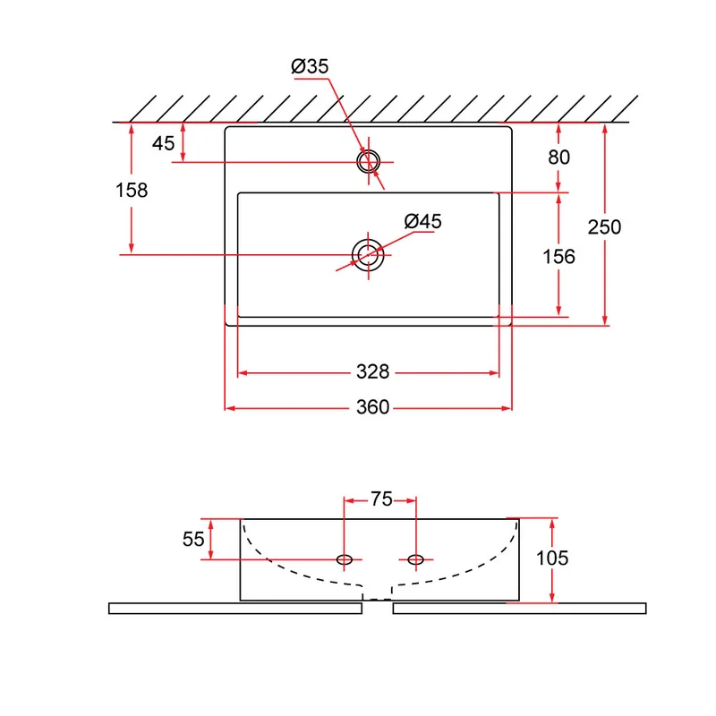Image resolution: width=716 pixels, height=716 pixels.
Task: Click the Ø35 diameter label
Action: click(310, 66)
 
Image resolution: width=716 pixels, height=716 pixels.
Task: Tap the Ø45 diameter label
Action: click(422, 221)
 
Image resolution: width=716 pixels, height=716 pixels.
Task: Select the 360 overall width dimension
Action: click(372, 407)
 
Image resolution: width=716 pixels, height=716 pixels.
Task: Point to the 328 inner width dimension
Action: click(372, 371)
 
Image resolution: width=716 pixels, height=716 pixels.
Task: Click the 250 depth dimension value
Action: click(604, 227)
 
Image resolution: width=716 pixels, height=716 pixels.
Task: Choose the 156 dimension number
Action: click(558, 257)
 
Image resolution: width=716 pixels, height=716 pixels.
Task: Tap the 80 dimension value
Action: click(558, 158)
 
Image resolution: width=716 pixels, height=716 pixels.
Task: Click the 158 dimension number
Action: click(132, 191)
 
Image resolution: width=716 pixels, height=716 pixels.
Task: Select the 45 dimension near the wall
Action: click(163, 143)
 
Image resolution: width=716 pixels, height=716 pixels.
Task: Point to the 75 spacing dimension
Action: click(381, 499)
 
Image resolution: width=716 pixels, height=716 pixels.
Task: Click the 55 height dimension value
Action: click(193, 540)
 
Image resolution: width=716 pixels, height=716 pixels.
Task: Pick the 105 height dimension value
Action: click(552, 558)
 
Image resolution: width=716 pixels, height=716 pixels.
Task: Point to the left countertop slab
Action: click(235, 609)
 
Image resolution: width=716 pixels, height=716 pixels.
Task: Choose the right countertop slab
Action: click(520, 609)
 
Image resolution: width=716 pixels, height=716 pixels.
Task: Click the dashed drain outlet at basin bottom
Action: click(377, 599)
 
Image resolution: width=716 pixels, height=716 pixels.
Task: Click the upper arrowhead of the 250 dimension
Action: click(605, 129)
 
